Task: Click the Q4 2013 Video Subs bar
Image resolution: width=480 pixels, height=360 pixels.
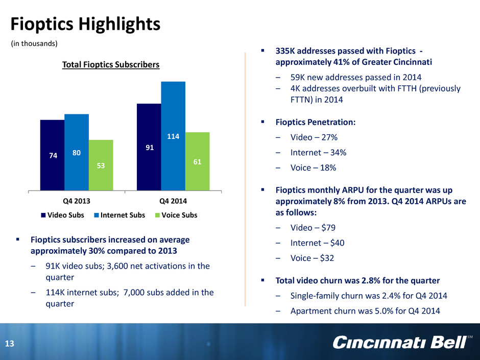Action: click(53, 155)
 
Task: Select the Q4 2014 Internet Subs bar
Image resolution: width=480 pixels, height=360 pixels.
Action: click(173, 136)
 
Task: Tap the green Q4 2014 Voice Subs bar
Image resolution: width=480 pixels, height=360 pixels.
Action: click(198, 161)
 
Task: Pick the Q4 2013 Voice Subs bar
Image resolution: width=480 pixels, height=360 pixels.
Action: click(101, 165)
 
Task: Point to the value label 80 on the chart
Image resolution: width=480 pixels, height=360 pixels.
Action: click(77, 153)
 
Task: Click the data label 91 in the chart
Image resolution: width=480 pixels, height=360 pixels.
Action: click(150, 148)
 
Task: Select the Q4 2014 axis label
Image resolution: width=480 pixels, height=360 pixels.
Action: click(173, 201)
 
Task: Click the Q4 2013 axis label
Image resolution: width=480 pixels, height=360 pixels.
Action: click(77, 201)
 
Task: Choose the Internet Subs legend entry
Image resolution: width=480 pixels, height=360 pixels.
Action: click(119, 215)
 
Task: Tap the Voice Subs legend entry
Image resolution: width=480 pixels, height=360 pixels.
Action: click(176, 215)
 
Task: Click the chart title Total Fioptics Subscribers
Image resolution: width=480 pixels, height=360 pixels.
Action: click(111, 64)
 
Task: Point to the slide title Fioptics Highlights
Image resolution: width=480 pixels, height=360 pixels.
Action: click(85, 24)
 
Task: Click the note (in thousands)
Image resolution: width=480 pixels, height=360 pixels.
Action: click(34, 43)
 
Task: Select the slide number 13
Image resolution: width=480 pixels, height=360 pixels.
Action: click(10, 344)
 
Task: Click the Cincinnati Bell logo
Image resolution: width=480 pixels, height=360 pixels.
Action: click(402, 342)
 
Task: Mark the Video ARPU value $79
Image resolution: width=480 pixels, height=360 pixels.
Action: click(328, 228)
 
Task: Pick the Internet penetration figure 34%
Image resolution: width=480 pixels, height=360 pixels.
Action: click(338, 153)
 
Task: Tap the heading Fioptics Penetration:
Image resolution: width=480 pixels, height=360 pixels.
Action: click(316, 122)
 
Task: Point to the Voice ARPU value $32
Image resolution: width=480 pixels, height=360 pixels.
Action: click(327, 258)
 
